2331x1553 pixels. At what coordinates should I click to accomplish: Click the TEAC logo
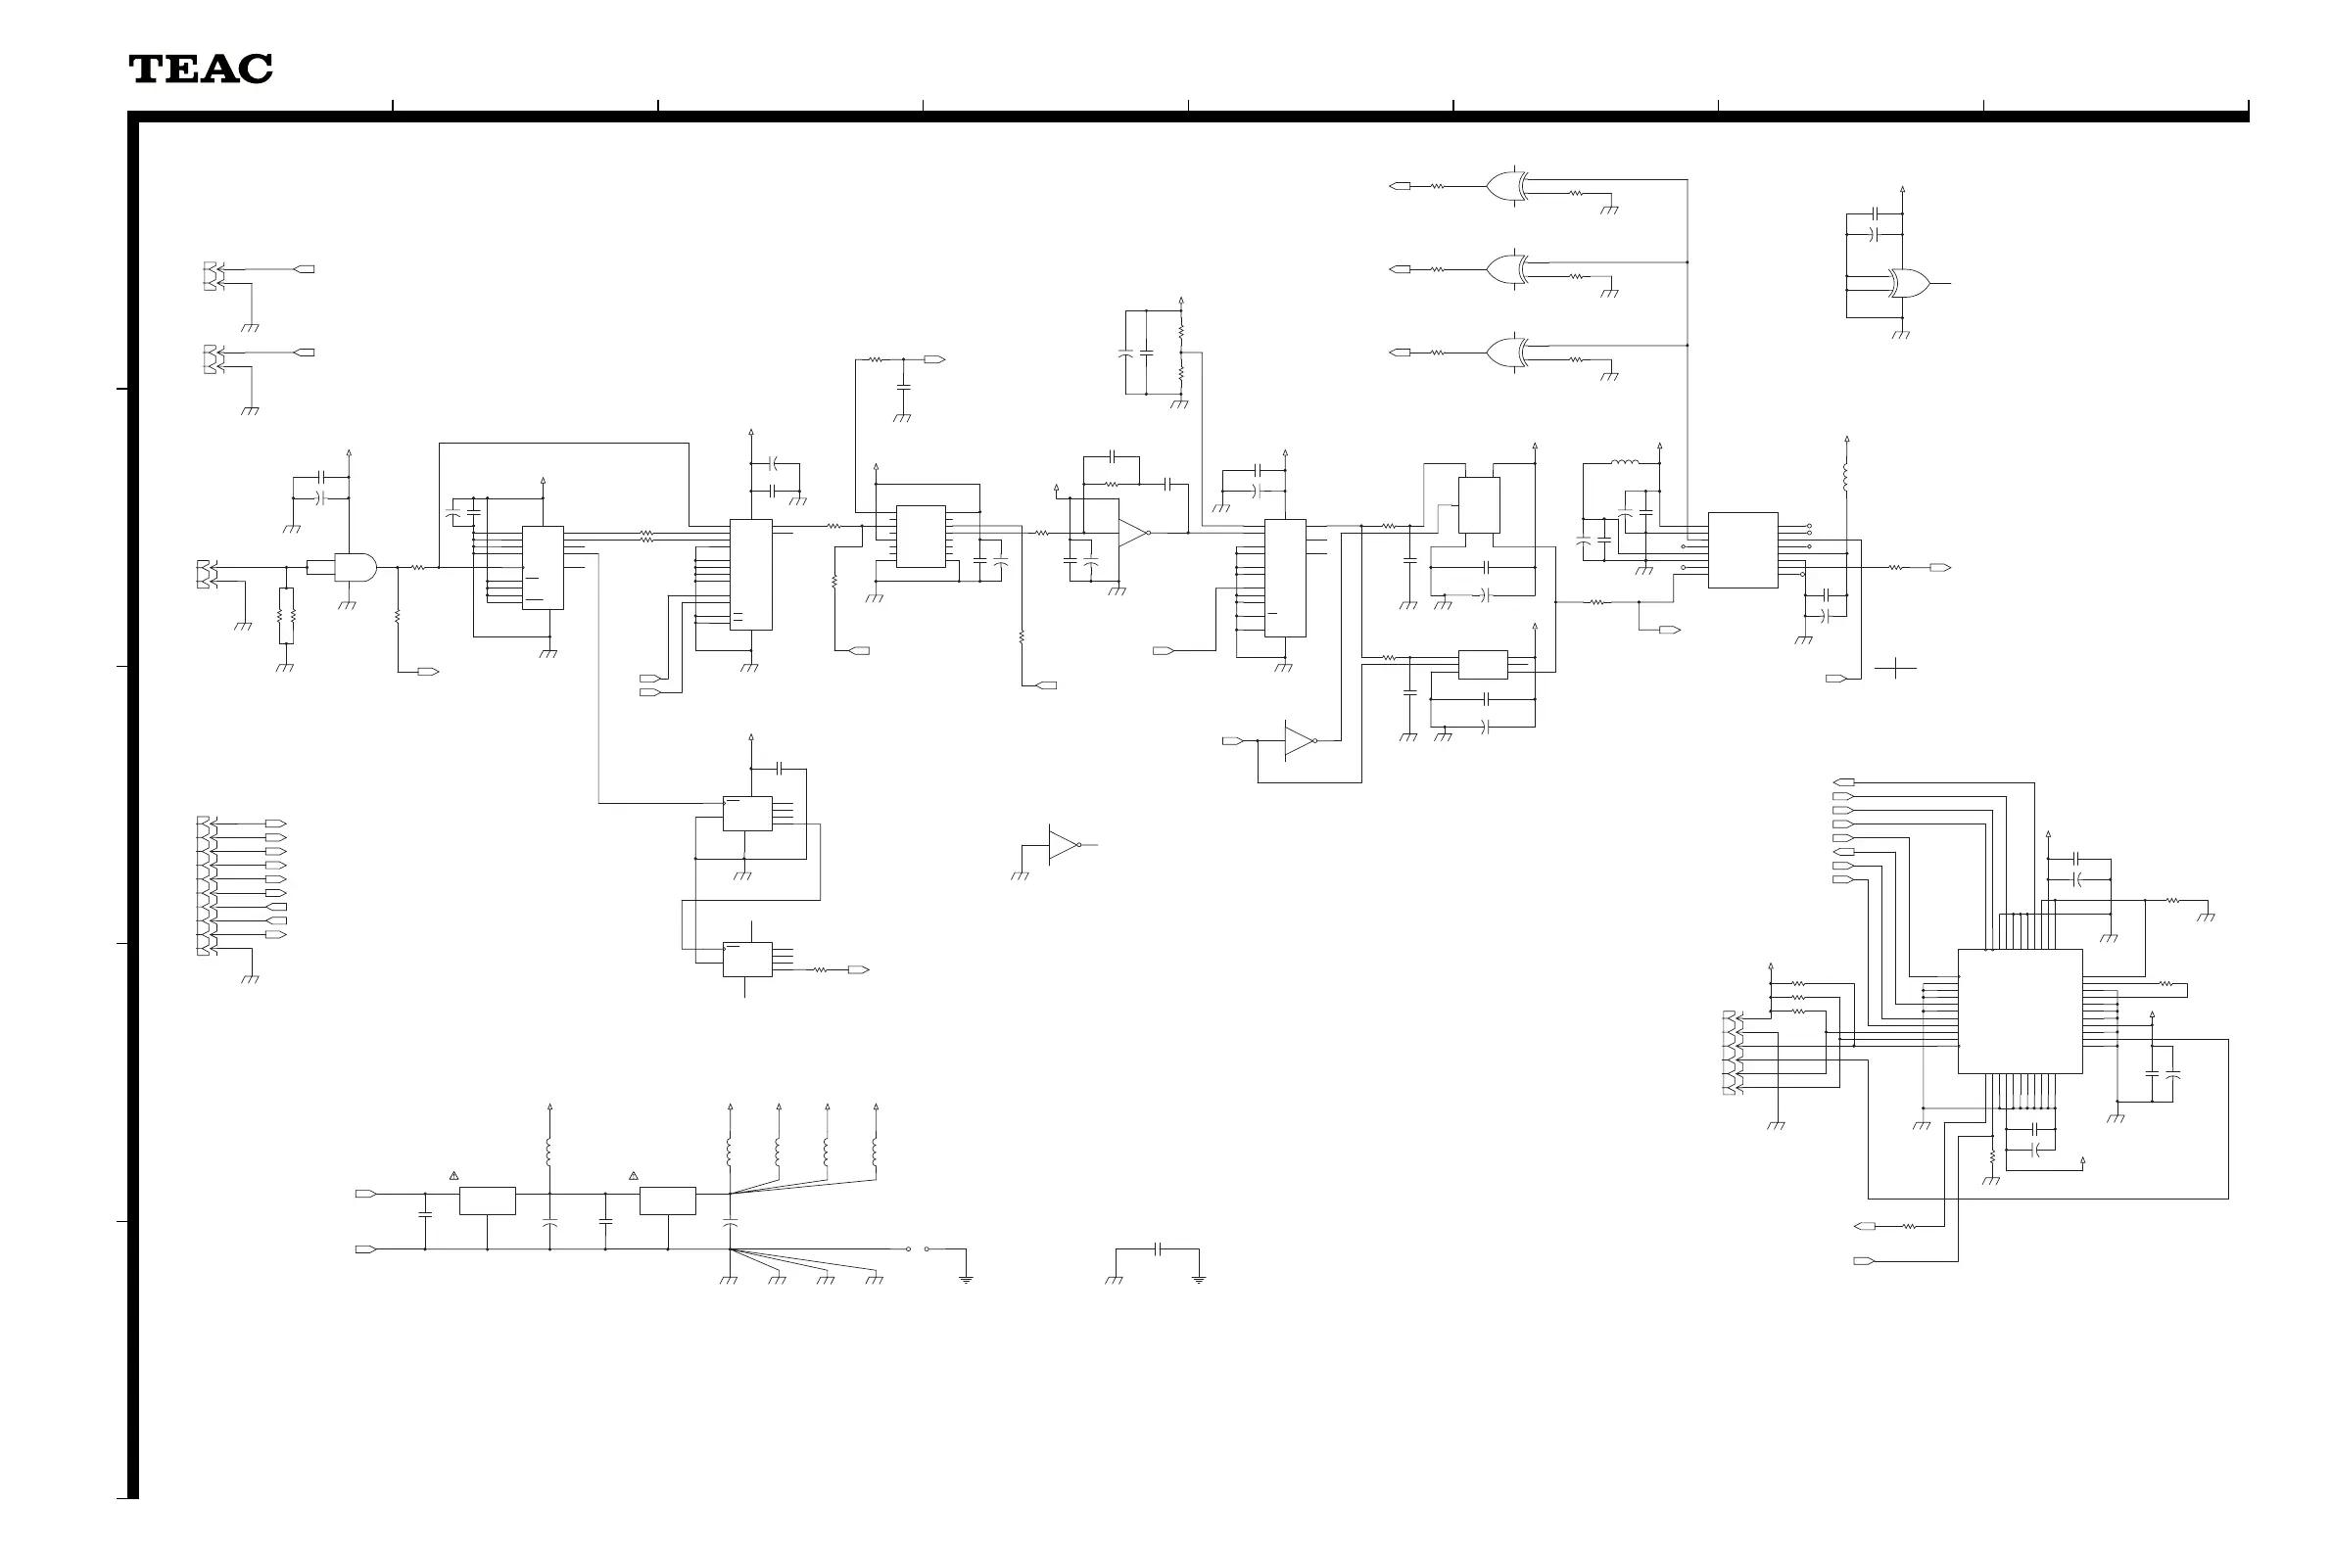(200, 69)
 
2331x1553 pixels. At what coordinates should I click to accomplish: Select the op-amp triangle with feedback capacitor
(1132, 532)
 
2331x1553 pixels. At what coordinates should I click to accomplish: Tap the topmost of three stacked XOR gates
(1506, 185)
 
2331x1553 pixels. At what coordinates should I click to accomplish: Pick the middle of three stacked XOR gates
(1506, 268)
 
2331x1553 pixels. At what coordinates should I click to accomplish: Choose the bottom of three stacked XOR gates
(1506, 352)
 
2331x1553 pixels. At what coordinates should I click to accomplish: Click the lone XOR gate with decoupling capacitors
(1909, 283)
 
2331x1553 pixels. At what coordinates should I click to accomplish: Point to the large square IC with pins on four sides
(2019, 1012)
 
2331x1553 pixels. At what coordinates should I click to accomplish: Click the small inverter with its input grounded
(1062, 845)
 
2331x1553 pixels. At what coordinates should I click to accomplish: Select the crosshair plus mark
(1895, 669)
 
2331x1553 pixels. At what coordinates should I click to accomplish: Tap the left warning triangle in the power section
(453, 1176)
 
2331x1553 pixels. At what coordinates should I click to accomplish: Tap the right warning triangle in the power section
(633, 1176)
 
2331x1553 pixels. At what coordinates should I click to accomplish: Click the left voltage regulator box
(487, 1200)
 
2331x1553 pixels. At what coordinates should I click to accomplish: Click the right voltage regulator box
(667, 1200)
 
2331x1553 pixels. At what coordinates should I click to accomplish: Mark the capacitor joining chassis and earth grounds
(1157, 1249)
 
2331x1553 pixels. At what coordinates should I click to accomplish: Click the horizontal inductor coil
(1623, 462)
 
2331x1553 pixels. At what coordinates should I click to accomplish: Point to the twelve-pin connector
(203, 885)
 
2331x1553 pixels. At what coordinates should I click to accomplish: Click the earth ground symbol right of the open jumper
(966, 1279)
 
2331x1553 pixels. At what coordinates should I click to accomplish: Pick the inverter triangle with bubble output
(1299, 740)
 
